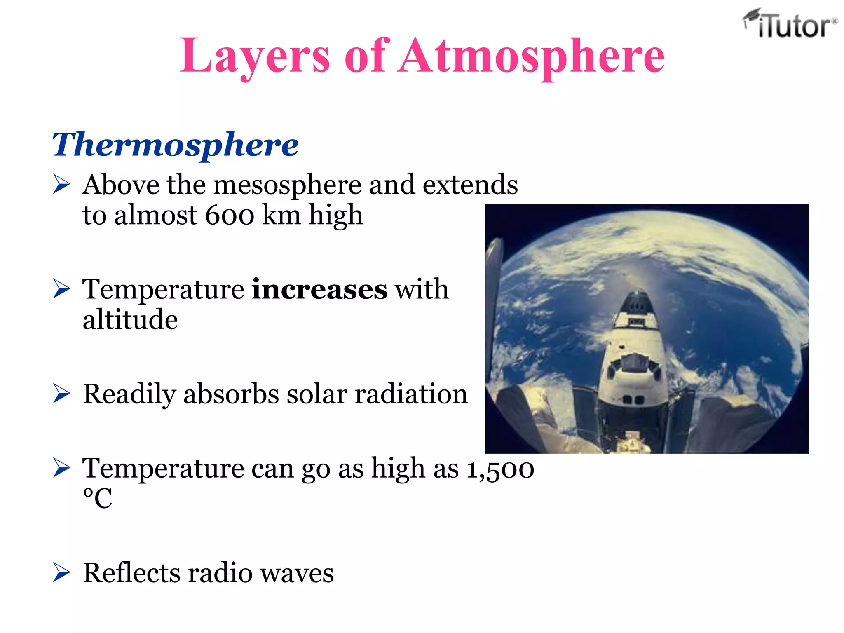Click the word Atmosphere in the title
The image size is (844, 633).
tap(531, 56)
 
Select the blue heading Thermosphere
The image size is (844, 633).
tap(175, 144)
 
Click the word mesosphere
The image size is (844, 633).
tap(287, 185)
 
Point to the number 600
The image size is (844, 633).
tap(230, 215)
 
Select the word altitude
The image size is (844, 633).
tap(130, 320)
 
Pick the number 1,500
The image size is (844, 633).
tap(500, 469)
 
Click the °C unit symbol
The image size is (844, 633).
tap(97, 499)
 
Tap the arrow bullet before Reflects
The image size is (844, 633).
tap(62, 573)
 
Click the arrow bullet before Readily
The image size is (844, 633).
tap(62, 394)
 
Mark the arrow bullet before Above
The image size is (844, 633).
tap(62, 184)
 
